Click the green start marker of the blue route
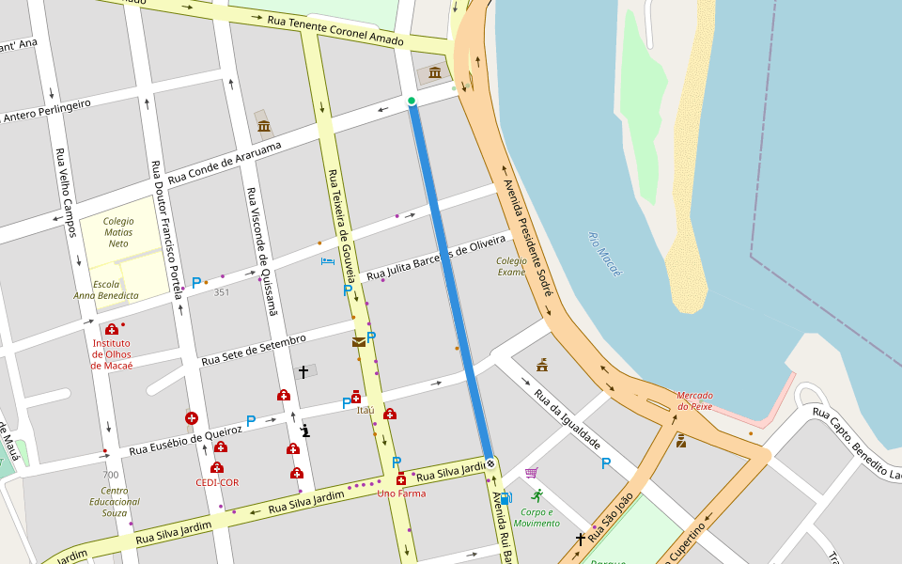(412, 101)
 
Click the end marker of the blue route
(490, 463)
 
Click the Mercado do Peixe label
(694, 401)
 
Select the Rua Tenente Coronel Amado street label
(335, 31)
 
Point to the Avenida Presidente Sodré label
(526, 239)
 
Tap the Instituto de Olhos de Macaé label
(111, 353)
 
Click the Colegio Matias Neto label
(118, 232)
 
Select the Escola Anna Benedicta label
(106, 289)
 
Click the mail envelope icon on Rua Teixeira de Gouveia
(359, 342)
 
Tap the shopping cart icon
(531, 473)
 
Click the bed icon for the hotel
(327, 260)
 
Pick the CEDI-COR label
(217, 482)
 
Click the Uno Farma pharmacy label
(401, 493)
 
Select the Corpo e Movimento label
(537, 517)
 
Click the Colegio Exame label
(512, 266)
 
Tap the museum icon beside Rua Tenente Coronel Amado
(435, 72)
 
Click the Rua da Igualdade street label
(567, 418)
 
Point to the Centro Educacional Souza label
(114, 501)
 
